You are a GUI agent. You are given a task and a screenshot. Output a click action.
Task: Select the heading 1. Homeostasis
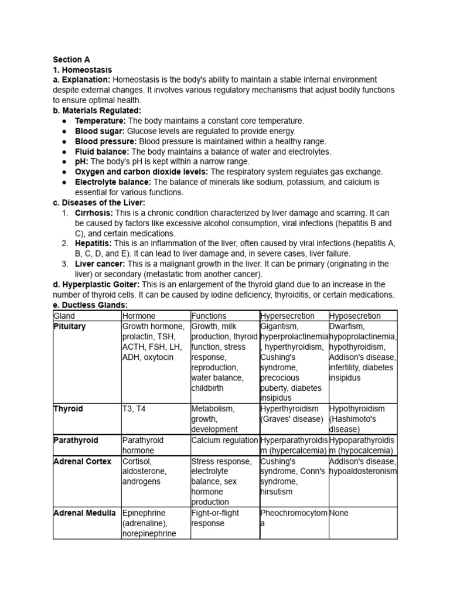click(x=82, y=70)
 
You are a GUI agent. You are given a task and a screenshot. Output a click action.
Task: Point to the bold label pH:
click(x=82, y=161)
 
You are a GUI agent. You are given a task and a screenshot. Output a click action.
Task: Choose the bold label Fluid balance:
click(x=102, y=151)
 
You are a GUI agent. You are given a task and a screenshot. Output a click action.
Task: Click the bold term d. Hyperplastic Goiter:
click(x=96, y=285)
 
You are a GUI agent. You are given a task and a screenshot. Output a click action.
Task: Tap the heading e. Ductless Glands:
click(x=90, y=305)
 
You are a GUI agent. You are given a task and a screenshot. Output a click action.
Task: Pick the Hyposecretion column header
click(x=355, y=316)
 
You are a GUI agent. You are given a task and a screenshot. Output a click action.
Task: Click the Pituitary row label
click(x=69, y=326)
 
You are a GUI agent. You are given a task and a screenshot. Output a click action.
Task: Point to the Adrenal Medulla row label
click(x=84, y=513)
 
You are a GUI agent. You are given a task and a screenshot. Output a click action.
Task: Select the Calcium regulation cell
click(x=224, y=440)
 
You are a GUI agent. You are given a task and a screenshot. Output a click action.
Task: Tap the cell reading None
click(x=339, y=513)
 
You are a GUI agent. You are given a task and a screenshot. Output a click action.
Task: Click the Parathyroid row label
click(x=76, y=440)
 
